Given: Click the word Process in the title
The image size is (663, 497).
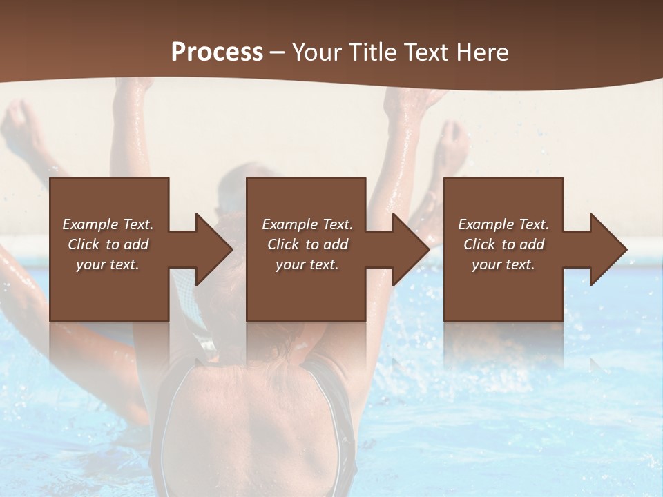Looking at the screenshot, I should [217, 52].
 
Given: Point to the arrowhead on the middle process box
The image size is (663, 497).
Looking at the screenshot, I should [409, 249].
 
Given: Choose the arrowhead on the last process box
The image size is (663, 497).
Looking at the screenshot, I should [606, 249].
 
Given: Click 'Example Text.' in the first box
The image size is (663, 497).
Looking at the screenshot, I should [108, 224].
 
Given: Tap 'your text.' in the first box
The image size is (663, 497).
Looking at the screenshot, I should [108, 264].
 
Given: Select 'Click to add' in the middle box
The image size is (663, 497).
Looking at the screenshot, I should [307, 244].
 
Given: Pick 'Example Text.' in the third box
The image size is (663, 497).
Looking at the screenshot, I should [503, 224].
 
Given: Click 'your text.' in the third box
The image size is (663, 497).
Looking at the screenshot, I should [503, 264].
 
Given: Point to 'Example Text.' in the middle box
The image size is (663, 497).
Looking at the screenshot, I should [307, 224].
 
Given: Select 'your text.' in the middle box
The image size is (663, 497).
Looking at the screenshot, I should [307, 264].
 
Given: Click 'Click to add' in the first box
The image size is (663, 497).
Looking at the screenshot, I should [108, 244].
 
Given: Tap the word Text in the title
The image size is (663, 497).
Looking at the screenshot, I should [424, 52].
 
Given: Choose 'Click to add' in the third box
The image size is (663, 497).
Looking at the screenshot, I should [503, 244].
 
